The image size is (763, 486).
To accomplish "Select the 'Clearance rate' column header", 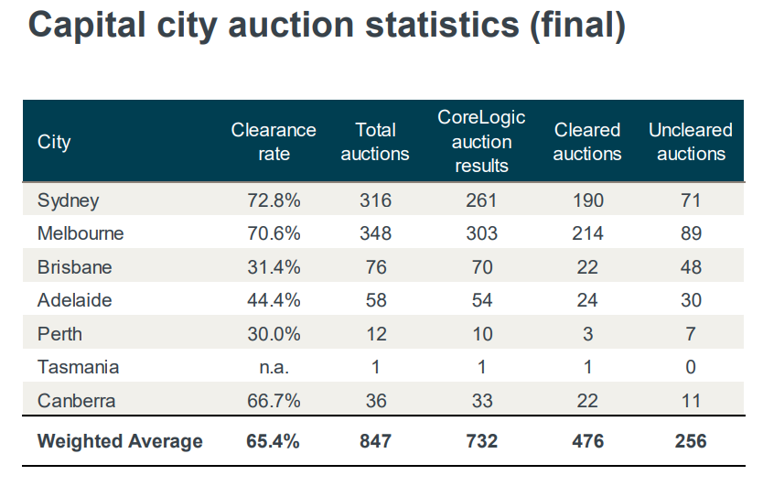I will click(274, 142).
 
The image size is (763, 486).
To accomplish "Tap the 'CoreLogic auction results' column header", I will click(482, 142).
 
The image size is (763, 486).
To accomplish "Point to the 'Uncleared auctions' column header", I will click(691, 142).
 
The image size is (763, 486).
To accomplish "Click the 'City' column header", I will click(54, 142).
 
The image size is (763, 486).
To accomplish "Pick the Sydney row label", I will click(68, 200).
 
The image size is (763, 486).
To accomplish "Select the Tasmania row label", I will click(78, 367).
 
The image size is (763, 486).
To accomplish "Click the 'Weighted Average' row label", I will click(120, 441).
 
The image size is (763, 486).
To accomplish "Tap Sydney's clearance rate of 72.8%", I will click(274, 200).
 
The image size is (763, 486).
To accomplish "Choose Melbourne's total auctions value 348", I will click(375, 233).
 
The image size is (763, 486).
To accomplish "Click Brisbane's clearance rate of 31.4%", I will click(274, 267).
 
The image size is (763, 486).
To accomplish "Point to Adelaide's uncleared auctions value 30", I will click(691, 300).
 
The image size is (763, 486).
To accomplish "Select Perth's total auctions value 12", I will click(375, 334).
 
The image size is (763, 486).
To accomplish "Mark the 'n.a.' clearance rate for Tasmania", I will click(274, 367).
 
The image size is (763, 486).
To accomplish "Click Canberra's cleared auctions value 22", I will click(587, 401).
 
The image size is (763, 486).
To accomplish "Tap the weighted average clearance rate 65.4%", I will click(274, 441).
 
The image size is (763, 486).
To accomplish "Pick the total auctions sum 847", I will click(375, 441).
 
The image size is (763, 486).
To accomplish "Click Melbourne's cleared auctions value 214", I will click(587, 233).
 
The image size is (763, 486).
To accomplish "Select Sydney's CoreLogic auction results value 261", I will click(482, 200).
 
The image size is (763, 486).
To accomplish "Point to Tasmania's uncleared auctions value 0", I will click(691, 367).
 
